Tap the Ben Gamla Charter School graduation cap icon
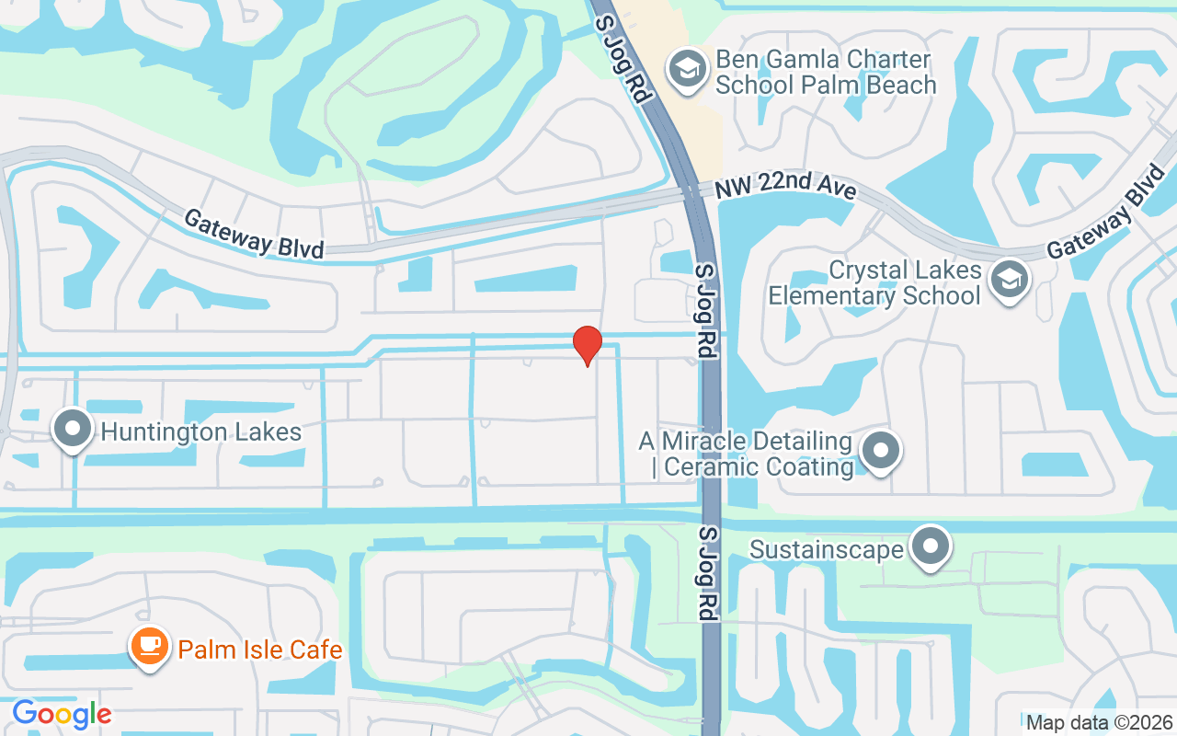coord(686,69)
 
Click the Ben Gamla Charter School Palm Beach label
coord(825,73)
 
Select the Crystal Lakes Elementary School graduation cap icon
coord(1009,279)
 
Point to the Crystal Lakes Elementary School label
coord(875,283)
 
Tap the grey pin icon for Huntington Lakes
coord(72,430)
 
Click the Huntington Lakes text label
coord(201,431)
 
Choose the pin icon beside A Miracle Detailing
coord(881,451)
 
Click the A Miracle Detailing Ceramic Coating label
coord(746,454)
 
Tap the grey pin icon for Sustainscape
coord(931,547)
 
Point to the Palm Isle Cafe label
coord(260,650)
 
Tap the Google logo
coord(62,714)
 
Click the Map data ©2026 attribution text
coord(1098,723)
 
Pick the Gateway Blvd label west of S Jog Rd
coord(254,234)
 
